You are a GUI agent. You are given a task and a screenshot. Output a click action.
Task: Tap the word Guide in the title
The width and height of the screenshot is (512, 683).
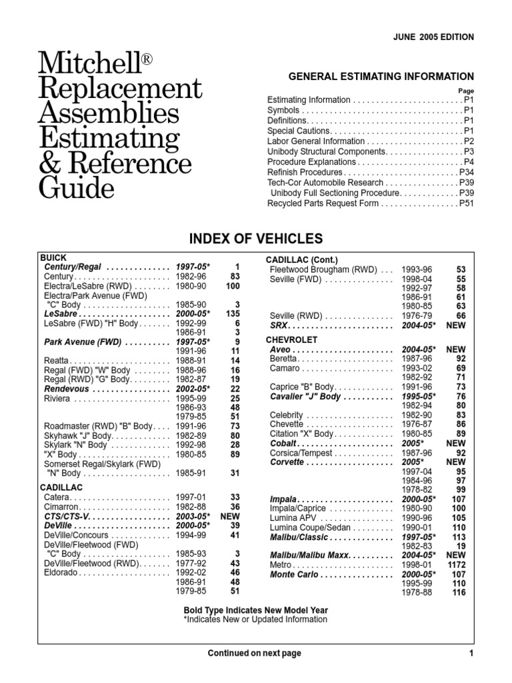[x=77, y=188]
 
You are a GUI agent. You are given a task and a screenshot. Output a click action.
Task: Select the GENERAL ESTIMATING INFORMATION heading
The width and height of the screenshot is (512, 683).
[x=381, y=77]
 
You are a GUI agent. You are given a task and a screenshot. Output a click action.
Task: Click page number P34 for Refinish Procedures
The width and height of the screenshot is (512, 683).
[x=466, y=172]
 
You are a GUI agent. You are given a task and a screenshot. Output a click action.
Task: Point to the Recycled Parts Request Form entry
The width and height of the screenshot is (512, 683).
[x=323, y=203]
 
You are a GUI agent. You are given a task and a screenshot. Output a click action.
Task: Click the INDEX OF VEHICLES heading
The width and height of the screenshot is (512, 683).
[x=257, y=239]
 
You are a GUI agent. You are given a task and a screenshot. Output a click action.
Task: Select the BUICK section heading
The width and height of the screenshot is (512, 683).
[x=53, y=257]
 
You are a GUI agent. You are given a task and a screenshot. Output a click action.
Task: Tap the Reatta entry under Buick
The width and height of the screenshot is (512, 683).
[x=57, y=360]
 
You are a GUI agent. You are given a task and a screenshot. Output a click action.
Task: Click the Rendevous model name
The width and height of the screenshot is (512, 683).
[x=71, y=388]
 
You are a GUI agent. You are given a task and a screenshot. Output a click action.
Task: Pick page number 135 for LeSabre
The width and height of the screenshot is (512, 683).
[x=232, y=313]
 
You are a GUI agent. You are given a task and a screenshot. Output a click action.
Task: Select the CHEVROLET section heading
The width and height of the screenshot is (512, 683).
[x=292, y=339]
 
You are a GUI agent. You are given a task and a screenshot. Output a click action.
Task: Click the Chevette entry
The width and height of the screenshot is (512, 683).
[x=287, y=424]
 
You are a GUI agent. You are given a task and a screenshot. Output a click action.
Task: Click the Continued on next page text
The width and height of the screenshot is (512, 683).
[x=255, y=653]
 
